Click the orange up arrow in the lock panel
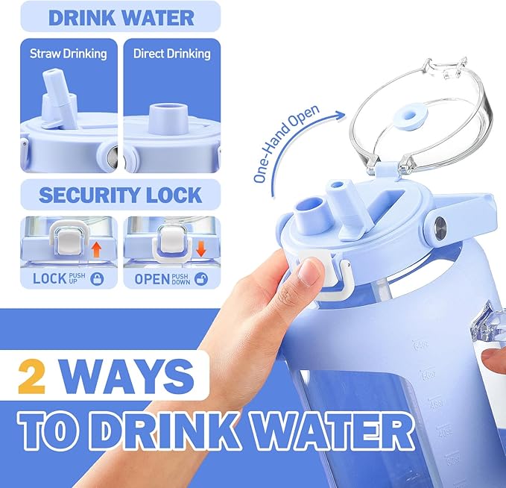[x=96, y=250]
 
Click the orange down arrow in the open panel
[x=200, y=249]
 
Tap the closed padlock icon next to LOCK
[x=97, y=278]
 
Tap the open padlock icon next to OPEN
[x=201, y=278]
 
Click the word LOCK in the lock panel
[x=49, y=278]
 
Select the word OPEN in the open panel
[x=152, y=279]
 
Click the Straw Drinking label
[x=68, y=54]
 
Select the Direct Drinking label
[x=172, y=54]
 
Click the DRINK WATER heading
[x=121, y=17]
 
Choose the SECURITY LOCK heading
[x=121, y=195]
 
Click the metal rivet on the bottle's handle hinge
[x=440, y=225]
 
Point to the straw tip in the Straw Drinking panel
[x=53, y=73]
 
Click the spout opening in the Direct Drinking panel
[x=169, y=107]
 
